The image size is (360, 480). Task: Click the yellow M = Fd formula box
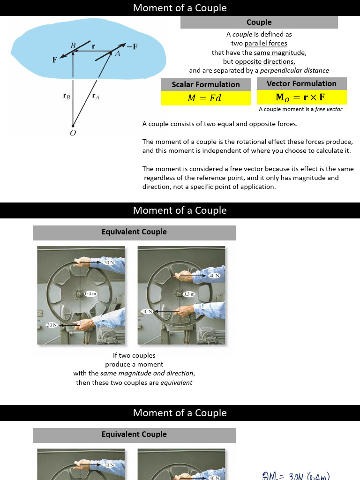(204, 98)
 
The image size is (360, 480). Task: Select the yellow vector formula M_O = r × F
(301, 97)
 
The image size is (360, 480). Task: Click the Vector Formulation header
(301, 83)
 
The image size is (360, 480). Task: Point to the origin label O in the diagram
(73, 133)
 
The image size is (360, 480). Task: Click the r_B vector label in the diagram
(67, 97)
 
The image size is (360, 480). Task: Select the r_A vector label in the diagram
(96, 97)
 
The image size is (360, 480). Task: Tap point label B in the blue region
(73, 45)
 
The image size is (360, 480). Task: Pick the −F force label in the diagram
(132, 46)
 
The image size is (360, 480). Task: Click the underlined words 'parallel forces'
(266, 44)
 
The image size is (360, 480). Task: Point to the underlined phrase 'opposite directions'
(264, 61)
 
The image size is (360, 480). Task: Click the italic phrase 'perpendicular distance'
(294, 70)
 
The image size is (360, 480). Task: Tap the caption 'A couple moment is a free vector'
(301, 109)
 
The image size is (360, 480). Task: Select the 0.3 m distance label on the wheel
(189, 294)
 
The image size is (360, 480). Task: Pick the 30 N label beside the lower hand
(52, 325)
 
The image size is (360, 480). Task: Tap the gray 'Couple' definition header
(259, 22)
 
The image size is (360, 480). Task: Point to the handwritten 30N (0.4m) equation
(296, 476)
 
